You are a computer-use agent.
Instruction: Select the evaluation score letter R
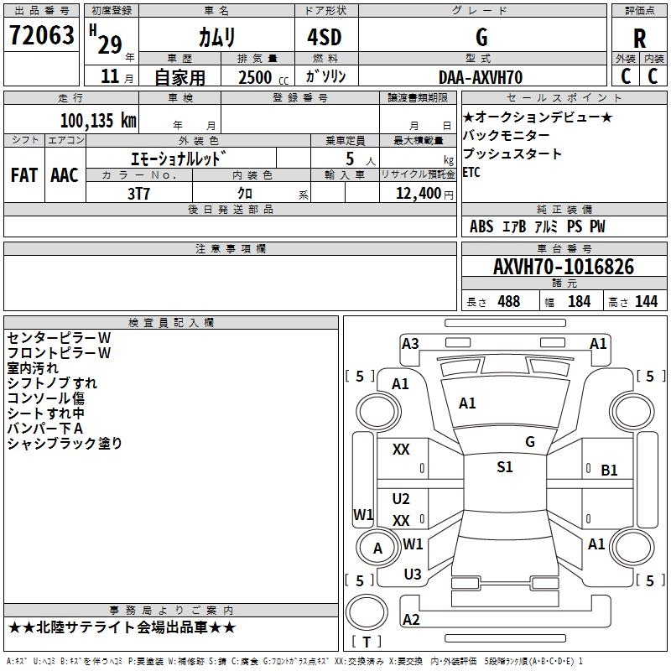pos(639,39)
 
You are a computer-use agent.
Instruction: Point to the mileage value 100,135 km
pos(97,121)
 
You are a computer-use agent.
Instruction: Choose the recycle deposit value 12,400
pos(416,193)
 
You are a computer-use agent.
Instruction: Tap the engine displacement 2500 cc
pos(255,77)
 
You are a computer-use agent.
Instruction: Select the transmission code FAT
pos(23,175)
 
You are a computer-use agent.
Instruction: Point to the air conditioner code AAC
pos(65,175)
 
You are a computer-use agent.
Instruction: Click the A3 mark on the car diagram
pos(410,343)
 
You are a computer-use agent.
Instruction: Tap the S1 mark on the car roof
pos(504,467)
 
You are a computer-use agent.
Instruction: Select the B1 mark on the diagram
pos(609,471)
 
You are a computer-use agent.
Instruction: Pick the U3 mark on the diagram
pos(412,575)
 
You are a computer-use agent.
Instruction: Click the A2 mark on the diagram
pos(411,620)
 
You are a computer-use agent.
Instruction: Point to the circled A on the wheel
pos(377,548)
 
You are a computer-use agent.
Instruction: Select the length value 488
pos(508,301)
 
